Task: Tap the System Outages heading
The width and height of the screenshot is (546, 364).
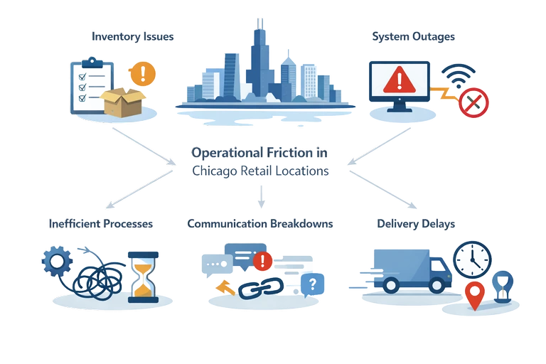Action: coord(412,35)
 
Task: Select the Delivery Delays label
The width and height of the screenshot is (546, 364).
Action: coord(416,223)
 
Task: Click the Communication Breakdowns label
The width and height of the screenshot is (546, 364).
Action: coord(261,223)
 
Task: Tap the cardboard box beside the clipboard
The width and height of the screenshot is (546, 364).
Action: coord(122,102)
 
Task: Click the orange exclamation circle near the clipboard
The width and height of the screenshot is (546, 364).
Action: coord(144,73)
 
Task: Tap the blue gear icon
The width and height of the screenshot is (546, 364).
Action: coord(54,262)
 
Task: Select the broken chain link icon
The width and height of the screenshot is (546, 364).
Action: coord(260,287)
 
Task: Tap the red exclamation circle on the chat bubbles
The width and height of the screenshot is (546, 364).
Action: coord(262,262)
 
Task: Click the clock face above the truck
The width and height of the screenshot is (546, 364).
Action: coord(472,259)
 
